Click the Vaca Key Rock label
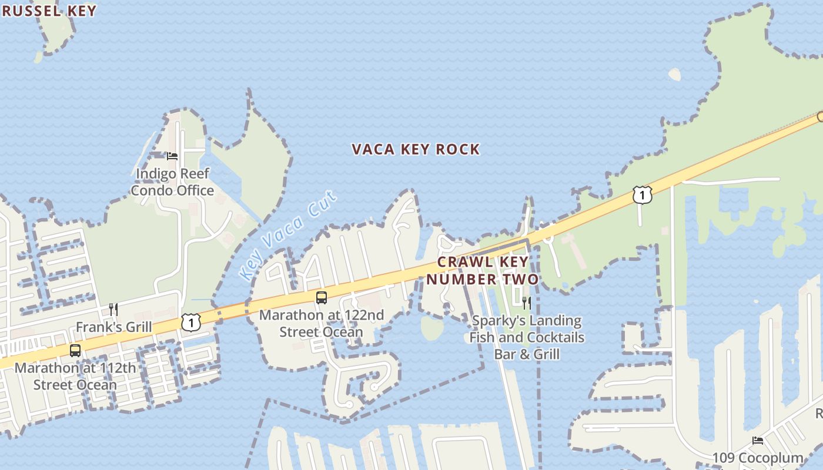416,150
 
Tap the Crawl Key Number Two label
482,270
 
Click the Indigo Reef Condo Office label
172,182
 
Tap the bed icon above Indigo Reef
172,156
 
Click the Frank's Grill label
113,327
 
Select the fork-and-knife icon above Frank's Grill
113,310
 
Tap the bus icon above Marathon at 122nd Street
322,298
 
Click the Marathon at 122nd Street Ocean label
322,323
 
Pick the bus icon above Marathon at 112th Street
75,351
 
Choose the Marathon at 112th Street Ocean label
75,377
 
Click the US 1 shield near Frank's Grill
191,322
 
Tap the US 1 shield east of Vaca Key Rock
643,194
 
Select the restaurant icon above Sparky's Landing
527,303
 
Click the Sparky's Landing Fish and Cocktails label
527,337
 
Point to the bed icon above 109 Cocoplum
758,441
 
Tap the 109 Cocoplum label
758,458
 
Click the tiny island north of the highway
675,74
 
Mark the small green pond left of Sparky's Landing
432,328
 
